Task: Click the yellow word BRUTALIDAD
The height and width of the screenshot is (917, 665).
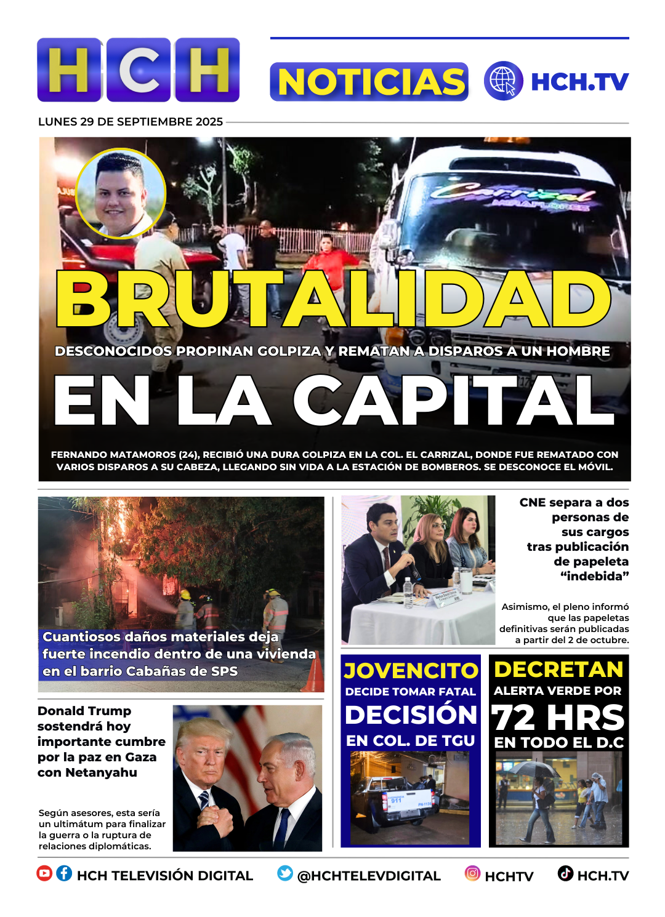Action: click(332, 298)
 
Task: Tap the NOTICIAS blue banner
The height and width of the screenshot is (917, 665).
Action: click(369, 82)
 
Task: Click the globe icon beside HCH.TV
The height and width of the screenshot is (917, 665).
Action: click(503, 81)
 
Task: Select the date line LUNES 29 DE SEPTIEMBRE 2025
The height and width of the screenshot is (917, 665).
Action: click(131, 122)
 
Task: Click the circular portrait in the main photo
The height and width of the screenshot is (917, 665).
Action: click(121, 193)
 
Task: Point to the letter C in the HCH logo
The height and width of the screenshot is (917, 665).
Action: click(139, 70)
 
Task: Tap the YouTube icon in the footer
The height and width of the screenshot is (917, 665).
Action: click(44, 873)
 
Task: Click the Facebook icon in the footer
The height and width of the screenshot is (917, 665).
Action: click(64, 873)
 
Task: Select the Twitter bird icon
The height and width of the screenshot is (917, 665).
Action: click(284, 873)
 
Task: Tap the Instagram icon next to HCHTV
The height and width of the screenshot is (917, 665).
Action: click(472, 873)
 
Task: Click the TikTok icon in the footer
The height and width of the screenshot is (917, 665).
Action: click(565, 873)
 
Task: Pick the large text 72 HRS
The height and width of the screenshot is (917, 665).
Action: click(558, 718)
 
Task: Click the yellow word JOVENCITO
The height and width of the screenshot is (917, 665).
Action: click(411, 670)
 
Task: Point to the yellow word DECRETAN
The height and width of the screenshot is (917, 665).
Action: click(558, 670)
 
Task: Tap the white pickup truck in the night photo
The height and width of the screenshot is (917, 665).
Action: click(394, 800)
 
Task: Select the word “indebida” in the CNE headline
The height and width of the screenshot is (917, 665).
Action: click(594, 577)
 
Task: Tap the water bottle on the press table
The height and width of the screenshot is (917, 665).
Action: click(408, 591)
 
